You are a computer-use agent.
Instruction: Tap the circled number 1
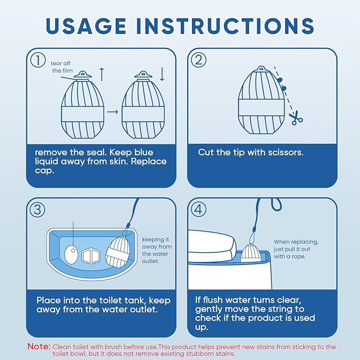click(38, 60)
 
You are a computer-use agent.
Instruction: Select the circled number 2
click(199, 60)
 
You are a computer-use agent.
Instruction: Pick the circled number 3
click(38, 209)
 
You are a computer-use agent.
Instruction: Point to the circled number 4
click(199, 209)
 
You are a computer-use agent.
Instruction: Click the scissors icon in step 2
click(296, 118)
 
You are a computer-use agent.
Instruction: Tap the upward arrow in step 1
click(102, 74)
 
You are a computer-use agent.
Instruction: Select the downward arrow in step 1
click(162, 74)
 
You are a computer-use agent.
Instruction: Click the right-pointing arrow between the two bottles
click(112, 112)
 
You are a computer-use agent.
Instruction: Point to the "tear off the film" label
click(62, 67)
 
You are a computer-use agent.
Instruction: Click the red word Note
click(39, 346)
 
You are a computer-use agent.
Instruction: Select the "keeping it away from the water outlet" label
click(156, 250)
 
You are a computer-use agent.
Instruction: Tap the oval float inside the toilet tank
click(72, 254)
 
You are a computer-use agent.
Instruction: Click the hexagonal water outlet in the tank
click(91, 256)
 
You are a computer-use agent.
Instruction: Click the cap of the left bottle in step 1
click(82, 75)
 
